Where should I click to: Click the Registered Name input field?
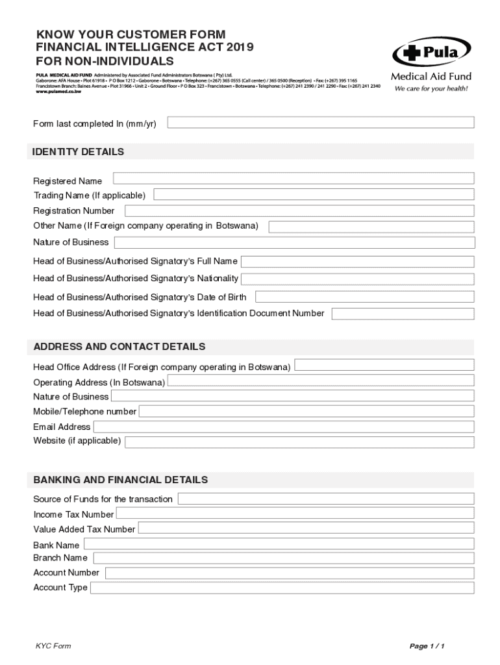(x=294, y=179)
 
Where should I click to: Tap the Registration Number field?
(x=299, y=211)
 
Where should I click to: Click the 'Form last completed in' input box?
(x=321, y=123)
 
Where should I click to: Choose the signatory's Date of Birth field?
(x=364, y=297)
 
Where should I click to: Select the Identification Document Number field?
(x=403, y=314)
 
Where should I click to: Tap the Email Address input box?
(x=284, y=427)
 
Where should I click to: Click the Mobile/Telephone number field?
(x=306, y=411)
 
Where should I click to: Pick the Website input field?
(x=299, y=442)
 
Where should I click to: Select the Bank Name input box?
(x=279, y=544)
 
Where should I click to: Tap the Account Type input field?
(x=282, y=588)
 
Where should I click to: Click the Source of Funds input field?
(x=326, y=499)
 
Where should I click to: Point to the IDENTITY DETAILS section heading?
(x=79, y=152)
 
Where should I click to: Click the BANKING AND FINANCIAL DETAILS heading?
(x=121, y=480)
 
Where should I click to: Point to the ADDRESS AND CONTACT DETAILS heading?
(x=119, y=347)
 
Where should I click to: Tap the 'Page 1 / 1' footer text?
(x=427, y=646)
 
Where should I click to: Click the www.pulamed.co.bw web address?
(x=59, y=92)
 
